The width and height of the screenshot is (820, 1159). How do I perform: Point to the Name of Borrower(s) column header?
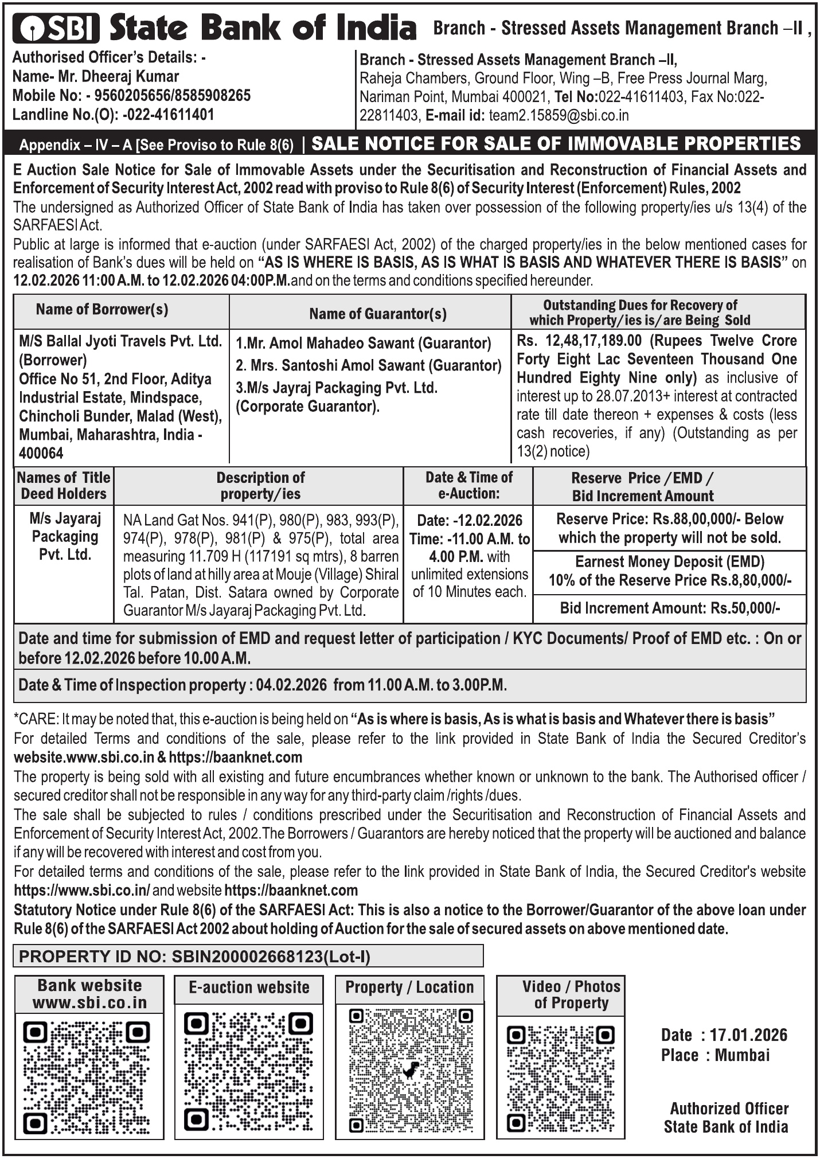(x=102, y=310)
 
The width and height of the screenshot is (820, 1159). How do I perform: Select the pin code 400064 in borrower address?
(x=41, y=453)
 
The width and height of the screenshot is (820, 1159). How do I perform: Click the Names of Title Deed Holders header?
(x=64, y=485)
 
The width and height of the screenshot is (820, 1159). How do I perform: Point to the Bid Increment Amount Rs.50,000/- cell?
(x=670, y=608)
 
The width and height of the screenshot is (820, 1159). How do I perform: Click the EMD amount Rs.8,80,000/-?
(x=751, y=580)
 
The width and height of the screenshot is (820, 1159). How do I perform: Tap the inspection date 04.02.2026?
(x=291, y=685)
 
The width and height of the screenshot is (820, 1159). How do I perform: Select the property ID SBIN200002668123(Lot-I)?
(x=271, y=956)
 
